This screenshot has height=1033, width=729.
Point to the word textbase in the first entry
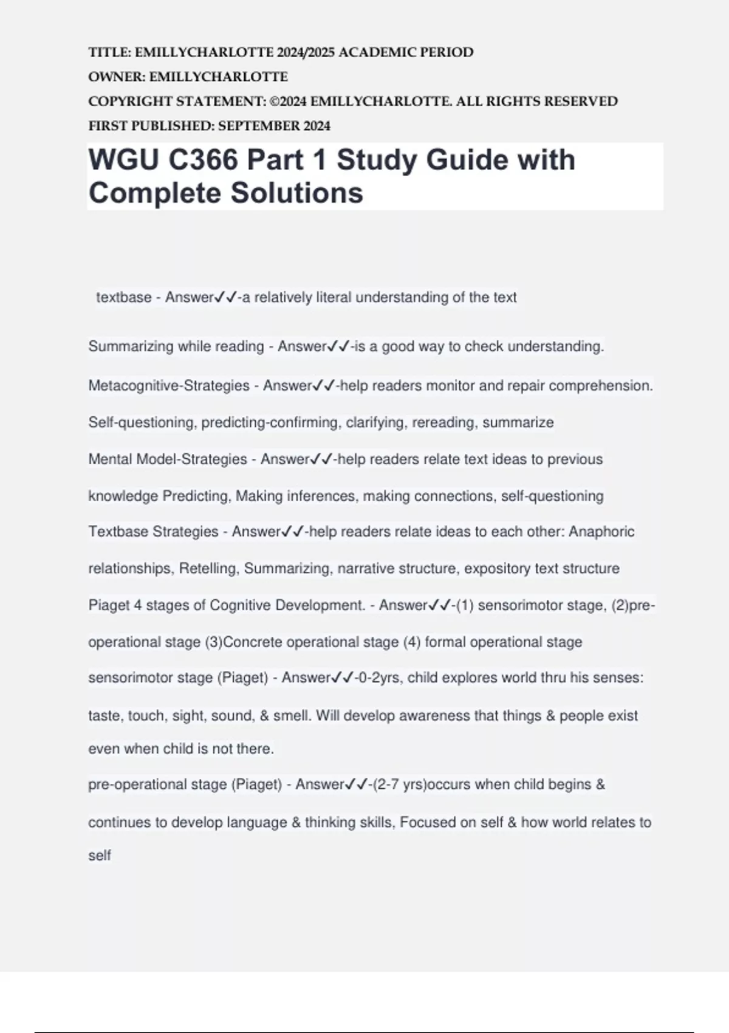[124, 298]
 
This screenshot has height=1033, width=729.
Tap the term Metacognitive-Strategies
[169, 386]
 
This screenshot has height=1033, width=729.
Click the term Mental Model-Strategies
[168, 459]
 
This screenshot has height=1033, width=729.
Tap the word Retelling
[208, 569]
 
